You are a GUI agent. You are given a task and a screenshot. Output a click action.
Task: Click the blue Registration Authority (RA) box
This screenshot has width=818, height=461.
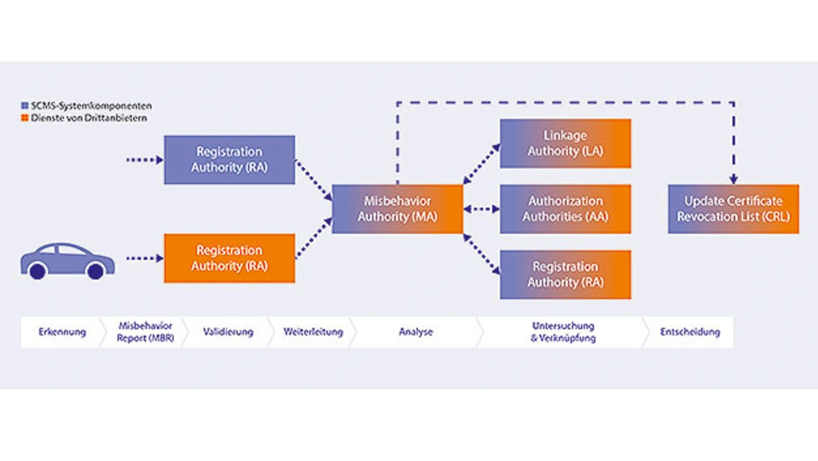point(229,160)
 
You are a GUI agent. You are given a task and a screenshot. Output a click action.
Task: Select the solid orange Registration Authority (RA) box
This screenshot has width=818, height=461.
point(229,258)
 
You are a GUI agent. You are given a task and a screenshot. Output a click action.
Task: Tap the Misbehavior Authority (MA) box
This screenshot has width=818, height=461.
point(397,209)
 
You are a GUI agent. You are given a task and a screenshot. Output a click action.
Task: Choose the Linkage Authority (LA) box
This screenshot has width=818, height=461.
point(565,143)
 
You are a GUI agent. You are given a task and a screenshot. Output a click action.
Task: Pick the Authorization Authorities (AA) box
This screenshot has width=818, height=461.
point(565,209)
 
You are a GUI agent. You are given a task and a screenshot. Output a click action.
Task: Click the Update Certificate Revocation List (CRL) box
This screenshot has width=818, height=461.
point(733,209)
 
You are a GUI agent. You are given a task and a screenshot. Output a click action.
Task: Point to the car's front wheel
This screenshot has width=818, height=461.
point(96,271)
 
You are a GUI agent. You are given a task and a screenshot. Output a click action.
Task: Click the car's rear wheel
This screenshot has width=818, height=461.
point(38,271)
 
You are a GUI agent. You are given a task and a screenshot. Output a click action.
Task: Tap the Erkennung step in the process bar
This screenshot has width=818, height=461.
point(62,332)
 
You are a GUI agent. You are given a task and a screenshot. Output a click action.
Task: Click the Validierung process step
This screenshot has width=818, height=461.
point(228,332)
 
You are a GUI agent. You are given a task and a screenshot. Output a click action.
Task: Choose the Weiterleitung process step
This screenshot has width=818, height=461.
point(313,332)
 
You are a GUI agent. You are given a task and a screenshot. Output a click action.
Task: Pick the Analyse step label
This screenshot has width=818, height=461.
point(415,332)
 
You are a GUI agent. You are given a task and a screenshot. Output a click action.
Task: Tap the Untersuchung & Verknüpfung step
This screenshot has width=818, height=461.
point(563,332)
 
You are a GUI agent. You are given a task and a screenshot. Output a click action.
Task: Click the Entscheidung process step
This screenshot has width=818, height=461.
point(690,332)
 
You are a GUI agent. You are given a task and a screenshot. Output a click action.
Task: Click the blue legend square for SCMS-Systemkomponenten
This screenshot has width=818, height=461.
point(25,105)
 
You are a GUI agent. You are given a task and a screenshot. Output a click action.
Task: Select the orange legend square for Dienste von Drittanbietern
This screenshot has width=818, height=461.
point(25,118)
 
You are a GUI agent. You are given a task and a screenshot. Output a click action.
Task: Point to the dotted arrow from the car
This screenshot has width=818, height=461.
point(144,258)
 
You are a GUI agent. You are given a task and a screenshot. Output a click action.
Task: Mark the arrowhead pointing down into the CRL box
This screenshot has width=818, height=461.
point(734,180)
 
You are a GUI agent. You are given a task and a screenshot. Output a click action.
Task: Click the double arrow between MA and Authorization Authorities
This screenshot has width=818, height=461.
point(481,209)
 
